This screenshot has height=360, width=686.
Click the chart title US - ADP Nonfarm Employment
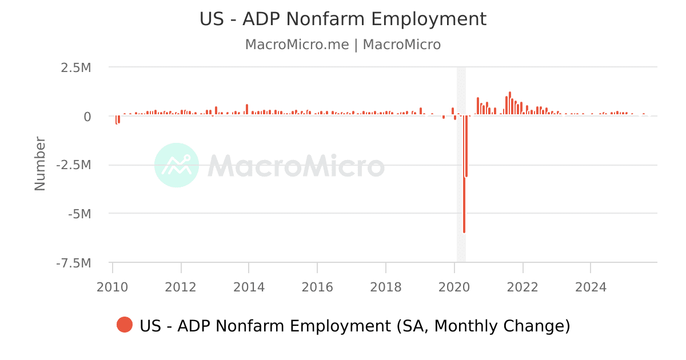(343, 19)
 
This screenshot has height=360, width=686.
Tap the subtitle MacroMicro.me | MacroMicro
(343, 45)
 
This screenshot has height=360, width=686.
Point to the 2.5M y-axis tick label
(77, 67)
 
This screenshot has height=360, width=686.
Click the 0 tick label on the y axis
(87, 117)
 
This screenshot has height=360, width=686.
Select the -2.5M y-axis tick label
(74, 165)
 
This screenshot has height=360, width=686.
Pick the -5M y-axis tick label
(79, 214)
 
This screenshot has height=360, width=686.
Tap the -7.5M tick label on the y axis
(74, 263)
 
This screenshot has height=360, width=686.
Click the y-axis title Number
(40, 163)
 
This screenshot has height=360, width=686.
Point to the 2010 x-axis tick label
(113, 286)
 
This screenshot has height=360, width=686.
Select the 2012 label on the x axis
(181, 286)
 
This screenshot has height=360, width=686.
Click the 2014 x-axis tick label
(249, 286)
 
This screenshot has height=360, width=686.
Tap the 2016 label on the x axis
(317, 286)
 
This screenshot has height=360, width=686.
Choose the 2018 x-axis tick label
(386, 286)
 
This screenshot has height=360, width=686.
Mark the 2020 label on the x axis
(454, 286)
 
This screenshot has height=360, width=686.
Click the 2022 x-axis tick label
(523, 286)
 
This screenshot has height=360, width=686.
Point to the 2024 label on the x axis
(591, 286)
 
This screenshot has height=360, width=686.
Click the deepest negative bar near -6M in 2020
(464, 183)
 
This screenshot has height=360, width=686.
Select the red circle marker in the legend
(125, 325)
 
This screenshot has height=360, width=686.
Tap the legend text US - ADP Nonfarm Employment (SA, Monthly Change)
(354, 326)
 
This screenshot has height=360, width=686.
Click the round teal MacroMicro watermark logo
(177, 165)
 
